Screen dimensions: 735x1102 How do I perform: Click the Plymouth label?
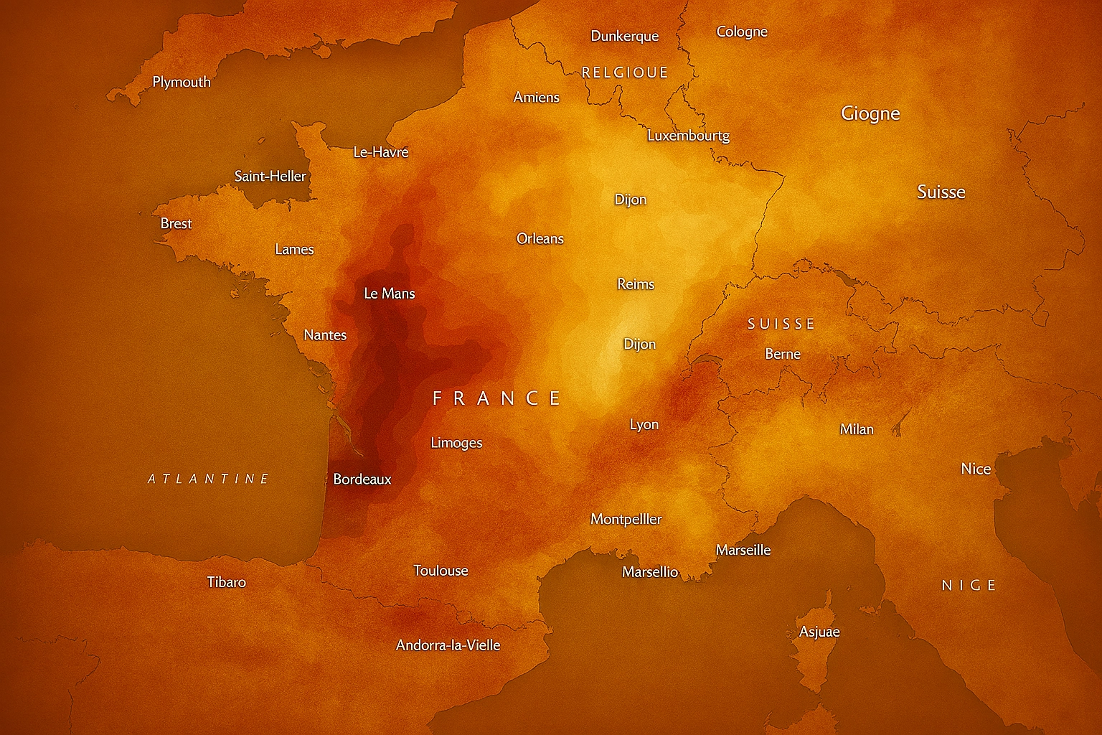182,82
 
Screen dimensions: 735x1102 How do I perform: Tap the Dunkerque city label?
624,36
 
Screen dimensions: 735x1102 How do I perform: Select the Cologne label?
742,32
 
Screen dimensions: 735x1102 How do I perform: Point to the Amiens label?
537,97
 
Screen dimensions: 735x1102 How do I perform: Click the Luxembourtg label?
688,136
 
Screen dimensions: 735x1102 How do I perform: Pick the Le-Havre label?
381,152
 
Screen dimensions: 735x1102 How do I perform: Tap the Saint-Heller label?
270,176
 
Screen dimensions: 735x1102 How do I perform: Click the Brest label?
176,223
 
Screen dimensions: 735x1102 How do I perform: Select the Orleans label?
540,238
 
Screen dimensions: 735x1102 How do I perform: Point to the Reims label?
636,284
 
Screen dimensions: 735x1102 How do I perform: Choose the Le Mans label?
390,293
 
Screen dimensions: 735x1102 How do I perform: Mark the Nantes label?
325,335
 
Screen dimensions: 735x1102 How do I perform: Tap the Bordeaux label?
362,479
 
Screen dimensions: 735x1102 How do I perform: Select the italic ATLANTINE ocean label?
208,479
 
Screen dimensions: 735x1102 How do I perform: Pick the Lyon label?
644,424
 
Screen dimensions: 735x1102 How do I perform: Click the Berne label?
783,354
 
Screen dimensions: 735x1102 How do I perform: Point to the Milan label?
857,429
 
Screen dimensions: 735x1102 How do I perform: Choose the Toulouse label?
441,571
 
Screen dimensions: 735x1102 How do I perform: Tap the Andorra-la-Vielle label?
448,645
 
